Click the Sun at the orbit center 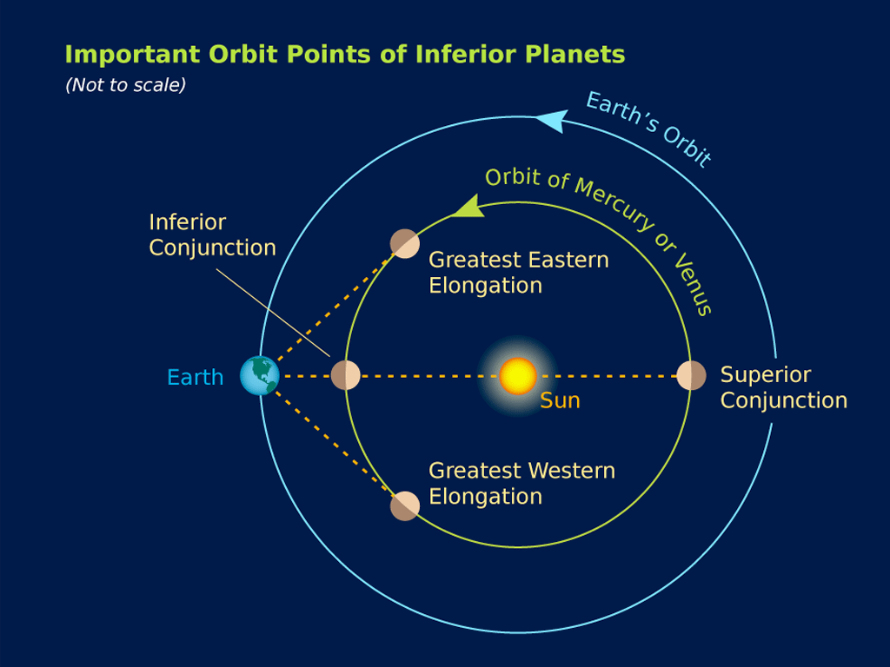[x=518, y=375]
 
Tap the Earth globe [x=259, y=375]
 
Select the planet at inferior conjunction [x=346, y=375]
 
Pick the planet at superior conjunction [x=691, y=375]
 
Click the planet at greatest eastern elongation [x=405, y=244]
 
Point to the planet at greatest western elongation [x=405, y=506]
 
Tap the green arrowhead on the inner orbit [x=469, y=207]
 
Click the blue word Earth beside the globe [x=196, y=377]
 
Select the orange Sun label [x=560, y=401]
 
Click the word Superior [x=766, y=375]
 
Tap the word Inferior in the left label [x=188, y=221]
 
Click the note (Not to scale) [x=125, y=85]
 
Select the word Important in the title [x=133, y=55]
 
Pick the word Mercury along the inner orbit [x=613, y=203]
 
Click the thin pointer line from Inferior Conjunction [x=273, y=313]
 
